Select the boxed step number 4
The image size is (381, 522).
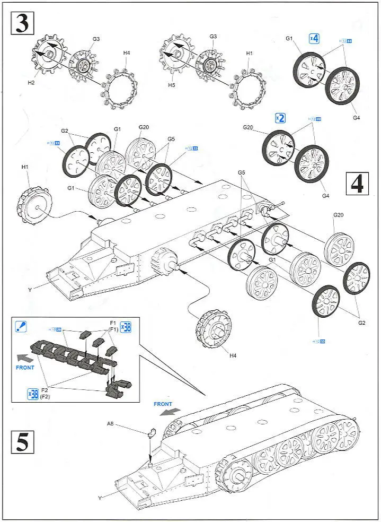coord(358,184)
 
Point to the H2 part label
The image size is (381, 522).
coord(31,82)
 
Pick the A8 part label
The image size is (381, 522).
coord(110,423)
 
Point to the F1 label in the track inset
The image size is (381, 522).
coord(113,323)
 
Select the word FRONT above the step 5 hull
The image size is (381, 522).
coord(163,404)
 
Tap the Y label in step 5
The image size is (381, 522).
coord(99,498)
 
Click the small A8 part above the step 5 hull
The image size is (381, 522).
coord(151,432)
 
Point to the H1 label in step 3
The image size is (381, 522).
coord(249,53)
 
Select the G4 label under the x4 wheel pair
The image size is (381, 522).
coord(356,117)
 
